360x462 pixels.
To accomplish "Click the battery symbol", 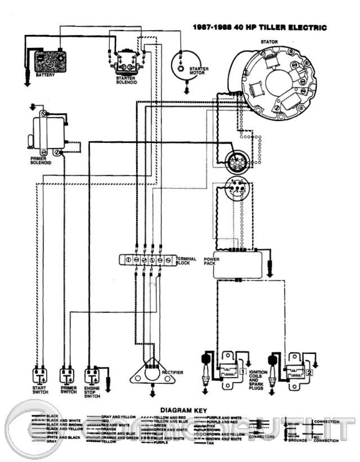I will [50, 58].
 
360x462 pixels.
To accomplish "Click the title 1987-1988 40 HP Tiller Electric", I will [259, 27].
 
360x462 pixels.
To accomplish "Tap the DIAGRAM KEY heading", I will [183, 410].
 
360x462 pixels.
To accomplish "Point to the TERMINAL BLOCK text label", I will [186, 261].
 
